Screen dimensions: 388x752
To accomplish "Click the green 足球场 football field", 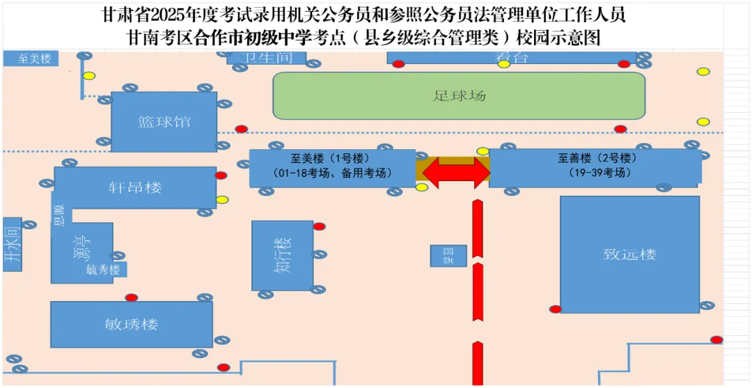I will coord(459,95).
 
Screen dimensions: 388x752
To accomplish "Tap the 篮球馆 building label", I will coord(164,122).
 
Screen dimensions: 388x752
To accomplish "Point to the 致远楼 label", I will coord(629,254).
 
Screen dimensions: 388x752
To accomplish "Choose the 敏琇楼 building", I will coord(131,324).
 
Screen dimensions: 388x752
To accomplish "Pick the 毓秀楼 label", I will coord(104,270).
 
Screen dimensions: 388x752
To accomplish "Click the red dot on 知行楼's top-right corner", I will coord(319,226).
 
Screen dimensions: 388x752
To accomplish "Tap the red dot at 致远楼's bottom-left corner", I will coord(556,309).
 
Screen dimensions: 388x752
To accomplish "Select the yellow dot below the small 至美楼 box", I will coord(88,76).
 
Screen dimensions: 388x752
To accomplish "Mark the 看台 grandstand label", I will coord(511,58).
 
